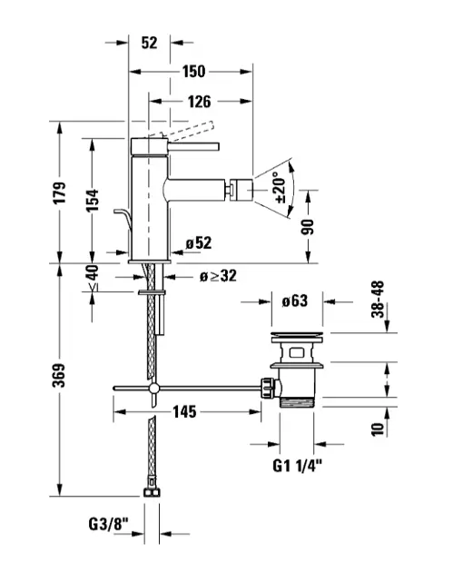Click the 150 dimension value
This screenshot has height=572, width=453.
pyautogui.click(x=193, y=72)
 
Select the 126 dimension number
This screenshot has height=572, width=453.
pyautogui.click(x=199, y=102)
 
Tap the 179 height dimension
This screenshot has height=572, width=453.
pyautogui.click(x=60, y=192)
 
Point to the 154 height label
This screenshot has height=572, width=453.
pyautogui.click(x=92, y=201)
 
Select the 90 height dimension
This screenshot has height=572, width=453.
pyautogui.click(x=308, y=227)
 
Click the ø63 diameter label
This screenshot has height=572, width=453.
pyautogui.click(x=295, y=301)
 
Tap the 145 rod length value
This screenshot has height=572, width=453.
pyautogui.click(x=184, y=412)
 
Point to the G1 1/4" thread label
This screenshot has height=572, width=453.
pyautogui.click(x=297, y=466)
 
